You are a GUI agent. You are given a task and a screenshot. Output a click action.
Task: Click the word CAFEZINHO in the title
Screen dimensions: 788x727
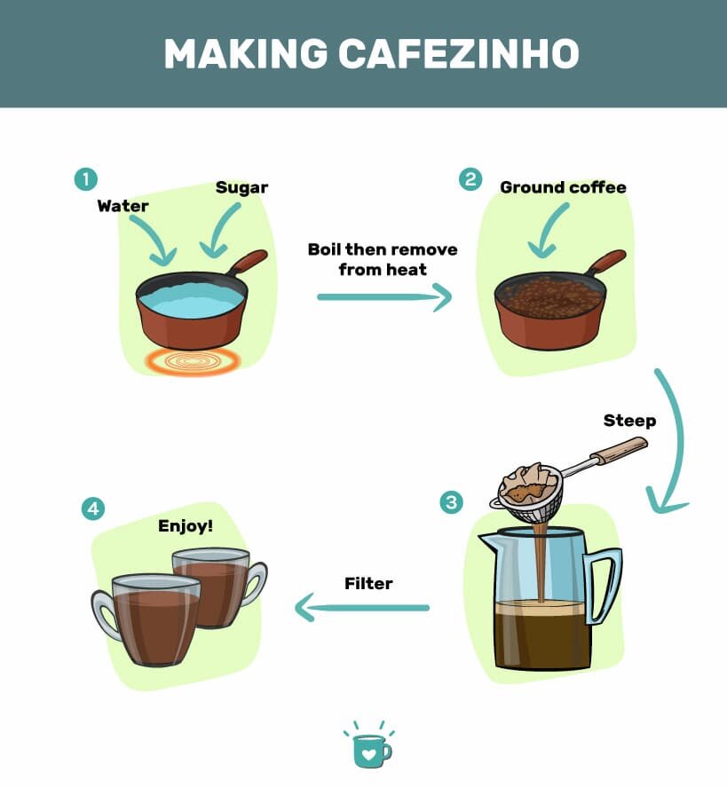point(459,54)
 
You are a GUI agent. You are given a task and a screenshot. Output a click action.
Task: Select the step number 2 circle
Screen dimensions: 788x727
point(470,179)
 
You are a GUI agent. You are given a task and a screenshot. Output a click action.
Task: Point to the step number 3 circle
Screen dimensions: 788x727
point(451,503)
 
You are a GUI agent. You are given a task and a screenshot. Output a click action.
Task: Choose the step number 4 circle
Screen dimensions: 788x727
point(92,508)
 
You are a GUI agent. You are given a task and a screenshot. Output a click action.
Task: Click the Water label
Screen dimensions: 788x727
point(122,206)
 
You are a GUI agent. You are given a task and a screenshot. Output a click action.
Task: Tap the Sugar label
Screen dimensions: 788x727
point(241,187)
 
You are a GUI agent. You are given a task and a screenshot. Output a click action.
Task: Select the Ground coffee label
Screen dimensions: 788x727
point(563,187)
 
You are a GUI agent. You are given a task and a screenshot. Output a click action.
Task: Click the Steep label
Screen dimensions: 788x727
point(629,421)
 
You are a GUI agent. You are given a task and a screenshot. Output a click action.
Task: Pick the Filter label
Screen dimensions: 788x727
point(368,583)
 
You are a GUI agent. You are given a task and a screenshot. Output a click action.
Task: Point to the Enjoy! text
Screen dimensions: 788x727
point(186,526)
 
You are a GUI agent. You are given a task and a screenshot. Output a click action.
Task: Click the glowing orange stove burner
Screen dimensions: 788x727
point(194,360)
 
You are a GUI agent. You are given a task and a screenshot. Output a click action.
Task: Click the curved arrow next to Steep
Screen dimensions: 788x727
point(674,444)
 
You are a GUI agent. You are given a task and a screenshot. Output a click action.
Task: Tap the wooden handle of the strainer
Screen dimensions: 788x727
point(618,451)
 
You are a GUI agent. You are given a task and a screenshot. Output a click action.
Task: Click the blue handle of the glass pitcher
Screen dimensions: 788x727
point(605,586)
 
